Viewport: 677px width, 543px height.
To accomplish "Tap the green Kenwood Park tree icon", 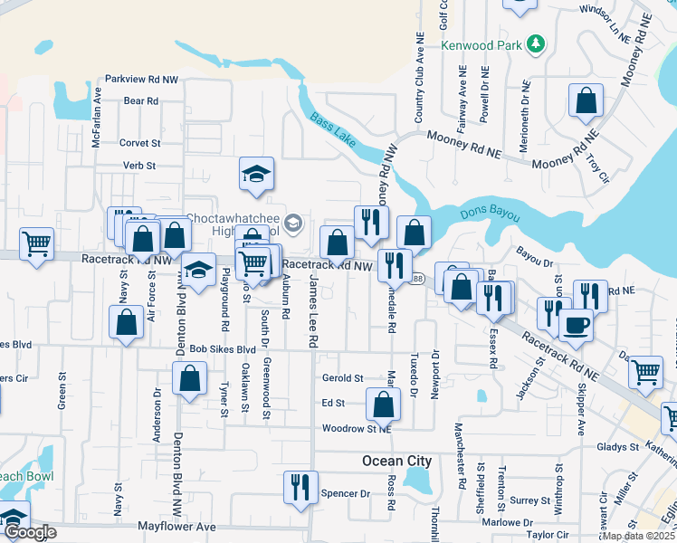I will (536, 43).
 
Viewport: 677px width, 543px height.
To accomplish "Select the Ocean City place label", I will (396, 461).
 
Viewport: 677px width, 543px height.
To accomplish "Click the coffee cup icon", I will (576, 325).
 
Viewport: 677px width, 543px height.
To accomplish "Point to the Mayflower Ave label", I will (176, 526).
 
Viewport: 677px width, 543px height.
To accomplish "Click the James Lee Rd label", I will (313, 312).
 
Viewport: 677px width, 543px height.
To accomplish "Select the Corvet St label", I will (139, 143).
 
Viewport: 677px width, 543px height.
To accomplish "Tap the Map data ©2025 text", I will (639, 536).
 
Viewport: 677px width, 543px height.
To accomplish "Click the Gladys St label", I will (618, 447).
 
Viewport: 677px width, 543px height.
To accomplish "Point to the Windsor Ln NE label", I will (604, 12).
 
